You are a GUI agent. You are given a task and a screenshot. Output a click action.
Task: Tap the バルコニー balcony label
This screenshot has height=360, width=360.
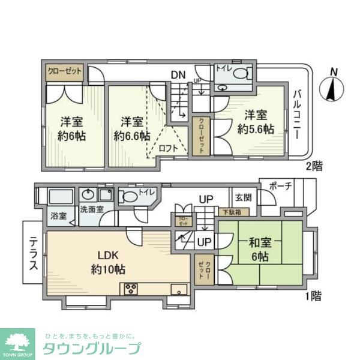[297, 114]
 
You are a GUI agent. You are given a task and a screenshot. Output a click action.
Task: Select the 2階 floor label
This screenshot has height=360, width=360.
[313, 166]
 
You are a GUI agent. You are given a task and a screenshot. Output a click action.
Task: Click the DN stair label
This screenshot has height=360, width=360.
[178, 75]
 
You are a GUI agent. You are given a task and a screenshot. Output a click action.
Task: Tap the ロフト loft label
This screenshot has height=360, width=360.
[167, 149]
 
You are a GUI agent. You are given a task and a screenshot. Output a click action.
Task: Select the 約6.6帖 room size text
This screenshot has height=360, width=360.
[132, 136]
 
